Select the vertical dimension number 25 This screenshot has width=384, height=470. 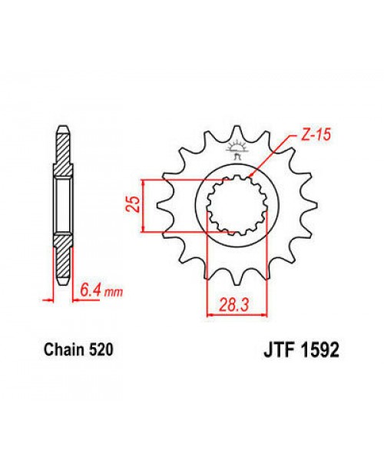[x=133, y=204]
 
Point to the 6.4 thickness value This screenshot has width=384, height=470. [x=91, y=290]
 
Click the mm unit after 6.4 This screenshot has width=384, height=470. [x=112, y=292]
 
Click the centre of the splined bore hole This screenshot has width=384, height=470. [x=240, y=204]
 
